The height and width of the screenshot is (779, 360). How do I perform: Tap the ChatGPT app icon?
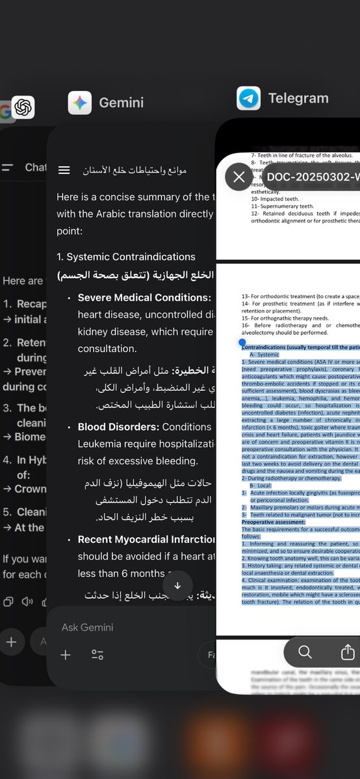[23, 107]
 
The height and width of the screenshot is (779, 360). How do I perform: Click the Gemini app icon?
[80, 103]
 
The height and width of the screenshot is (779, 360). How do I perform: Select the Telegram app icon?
[248, 98]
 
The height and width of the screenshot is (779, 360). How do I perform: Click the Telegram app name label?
[298, 99]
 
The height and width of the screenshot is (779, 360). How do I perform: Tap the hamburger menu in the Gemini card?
[64, 170]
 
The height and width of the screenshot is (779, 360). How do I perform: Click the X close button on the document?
[239, 176]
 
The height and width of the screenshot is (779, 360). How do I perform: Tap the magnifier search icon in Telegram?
[305, 652]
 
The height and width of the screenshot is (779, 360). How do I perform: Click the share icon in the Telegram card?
[348, 652]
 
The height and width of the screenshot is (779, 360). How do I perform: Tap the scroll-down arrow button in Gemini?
[177, 585]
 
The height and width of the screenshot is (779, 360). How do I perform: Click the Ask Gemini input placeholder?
[88, 627]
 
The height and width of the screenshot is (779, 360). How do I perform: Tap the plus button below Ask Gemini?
[66, 655]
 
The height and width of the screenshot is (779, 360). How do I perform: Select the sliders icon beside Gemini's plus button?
[97, 655]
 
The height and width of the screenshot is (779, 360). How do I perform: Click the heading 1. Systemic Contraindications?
[126, 257]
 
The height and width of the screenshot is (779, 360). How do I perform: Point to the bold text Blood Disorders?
[118, 427]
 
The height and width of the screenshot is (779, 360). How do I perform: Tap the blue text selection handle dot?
[242, 342]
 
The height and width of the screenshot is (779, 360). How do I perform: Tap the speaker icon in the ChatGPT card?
[27, 601]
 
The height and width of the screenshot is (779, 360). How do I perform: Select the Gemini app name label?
[122, 103]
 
